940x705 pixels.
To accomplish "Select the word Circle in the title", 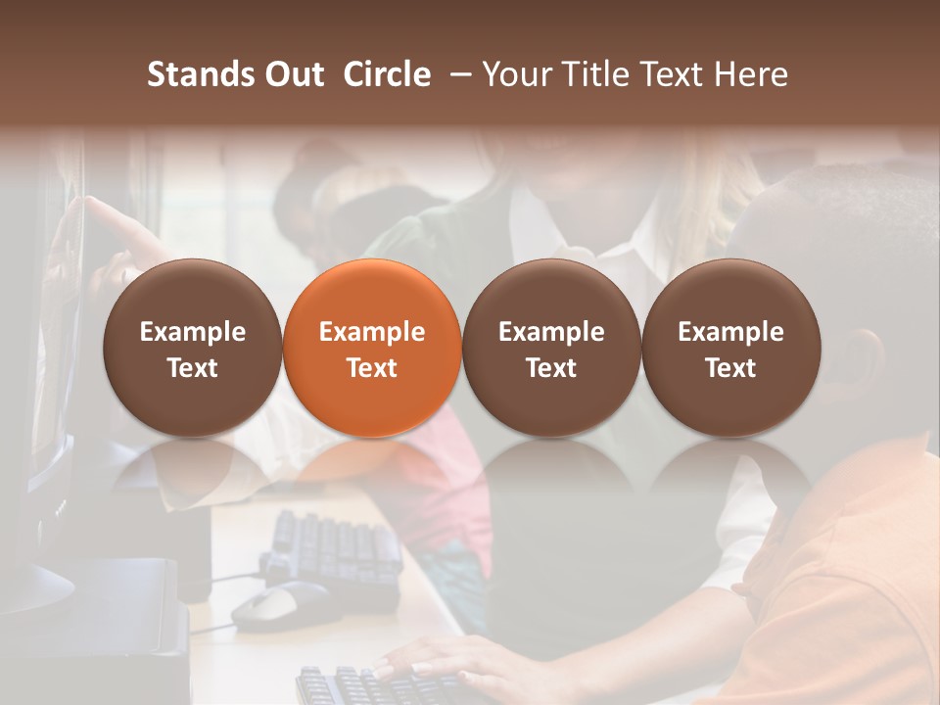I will (x=387, y=74).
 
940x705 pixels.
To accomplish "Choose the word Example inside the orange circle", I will (x=372, y=332).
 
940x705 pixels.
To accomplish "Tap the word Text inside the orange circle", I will (x=372, y=368).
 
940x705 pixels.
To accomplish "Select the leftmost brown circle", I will (x=193, y=348).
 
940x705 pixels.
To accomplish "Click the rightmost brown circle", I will (x=730, y=348).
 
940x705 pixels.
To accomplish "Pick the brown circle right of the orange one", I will (x=551, y=348).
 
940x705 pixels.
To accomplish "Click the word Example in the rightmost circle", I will (x=730, y=332).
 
